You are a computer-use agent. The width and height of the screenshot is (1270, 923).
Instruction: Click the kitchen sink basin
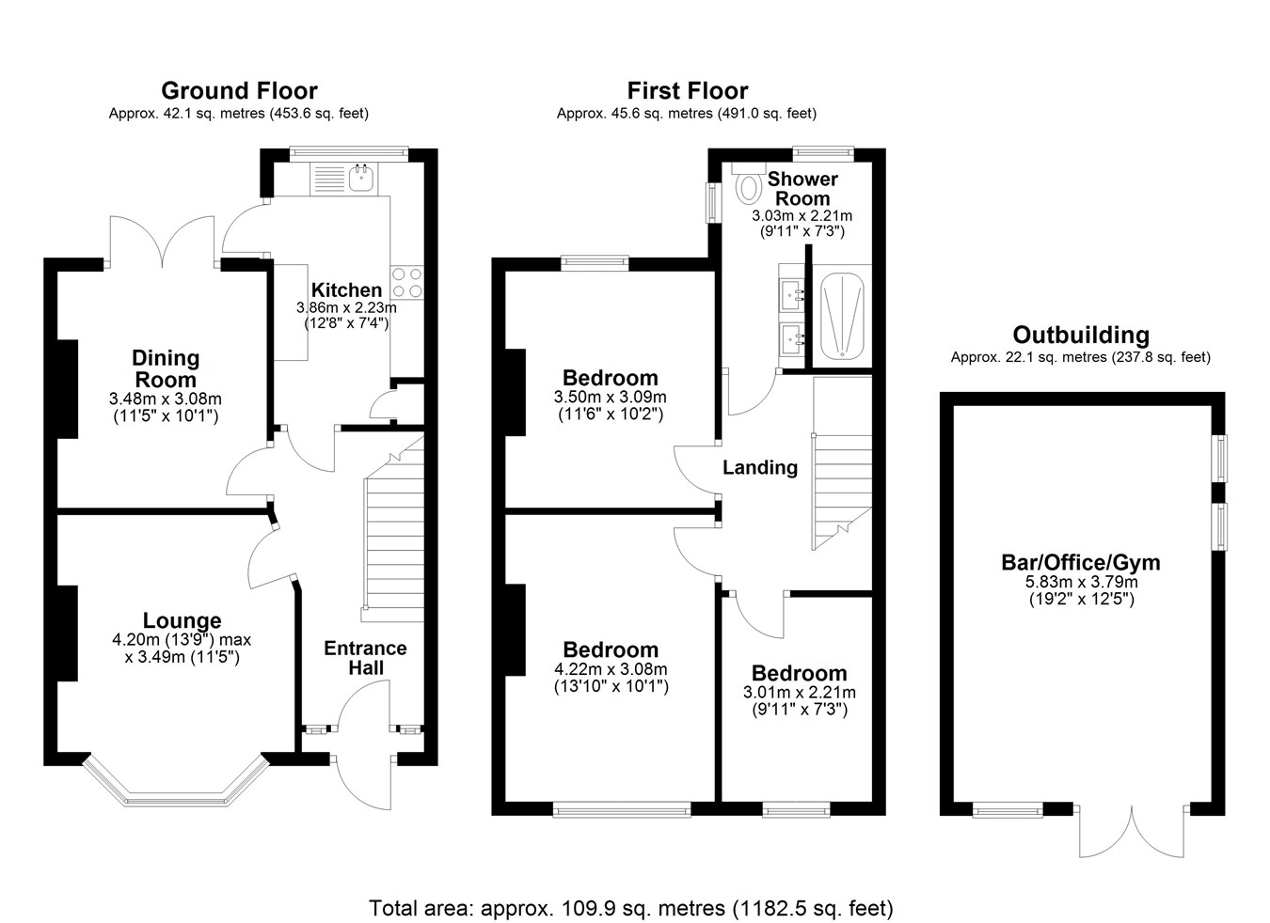[x=360, y=179]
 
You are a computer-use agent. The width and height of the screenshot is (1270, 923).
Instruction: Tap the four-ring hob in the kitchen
[x=407, y=283]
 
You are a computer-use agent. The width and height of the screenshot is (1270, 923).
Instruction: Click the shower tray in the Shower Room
[x=842, y=316]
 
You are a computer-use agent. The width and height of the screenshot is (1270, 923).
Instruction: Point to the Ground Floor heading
[x=239, y=90]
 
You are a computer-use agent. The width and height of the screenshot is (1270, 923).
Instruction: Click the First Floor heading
[x=687, y=90]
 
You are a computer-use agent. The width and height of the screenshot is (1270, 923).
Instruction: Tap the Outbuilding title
[x=1081, y=335]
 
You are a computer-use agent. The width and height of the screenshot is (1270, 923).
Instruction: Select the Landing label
[x=760, y=467]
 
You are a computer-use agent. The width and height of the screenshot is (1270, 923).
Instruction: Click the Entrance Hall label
[x=365, y=658]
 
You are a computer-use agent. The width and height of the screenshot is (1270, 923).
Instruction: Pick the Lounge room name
[x=182, y=620]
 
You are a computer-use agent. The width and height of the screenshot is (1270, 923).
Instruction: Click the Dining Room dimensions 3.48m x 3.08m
[x=165, y=399]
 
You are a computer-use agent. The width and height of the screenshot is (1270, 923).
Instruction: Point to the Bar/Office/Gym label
[x=1081, y=563]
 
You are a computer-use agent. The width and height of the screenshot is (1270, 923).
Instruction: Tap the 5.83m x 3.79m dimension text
[x=1081, y=582]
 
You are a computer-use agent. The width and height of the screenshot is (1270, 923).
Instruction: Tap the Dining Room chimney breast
[x=68, y=389]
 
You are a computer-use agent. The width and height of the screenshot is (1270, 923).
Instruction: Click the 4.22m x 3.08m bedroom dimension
[x=611, y=669]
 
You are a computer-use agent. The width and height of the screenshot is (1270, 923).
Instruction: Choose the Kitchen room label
[x=346, y=290]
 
